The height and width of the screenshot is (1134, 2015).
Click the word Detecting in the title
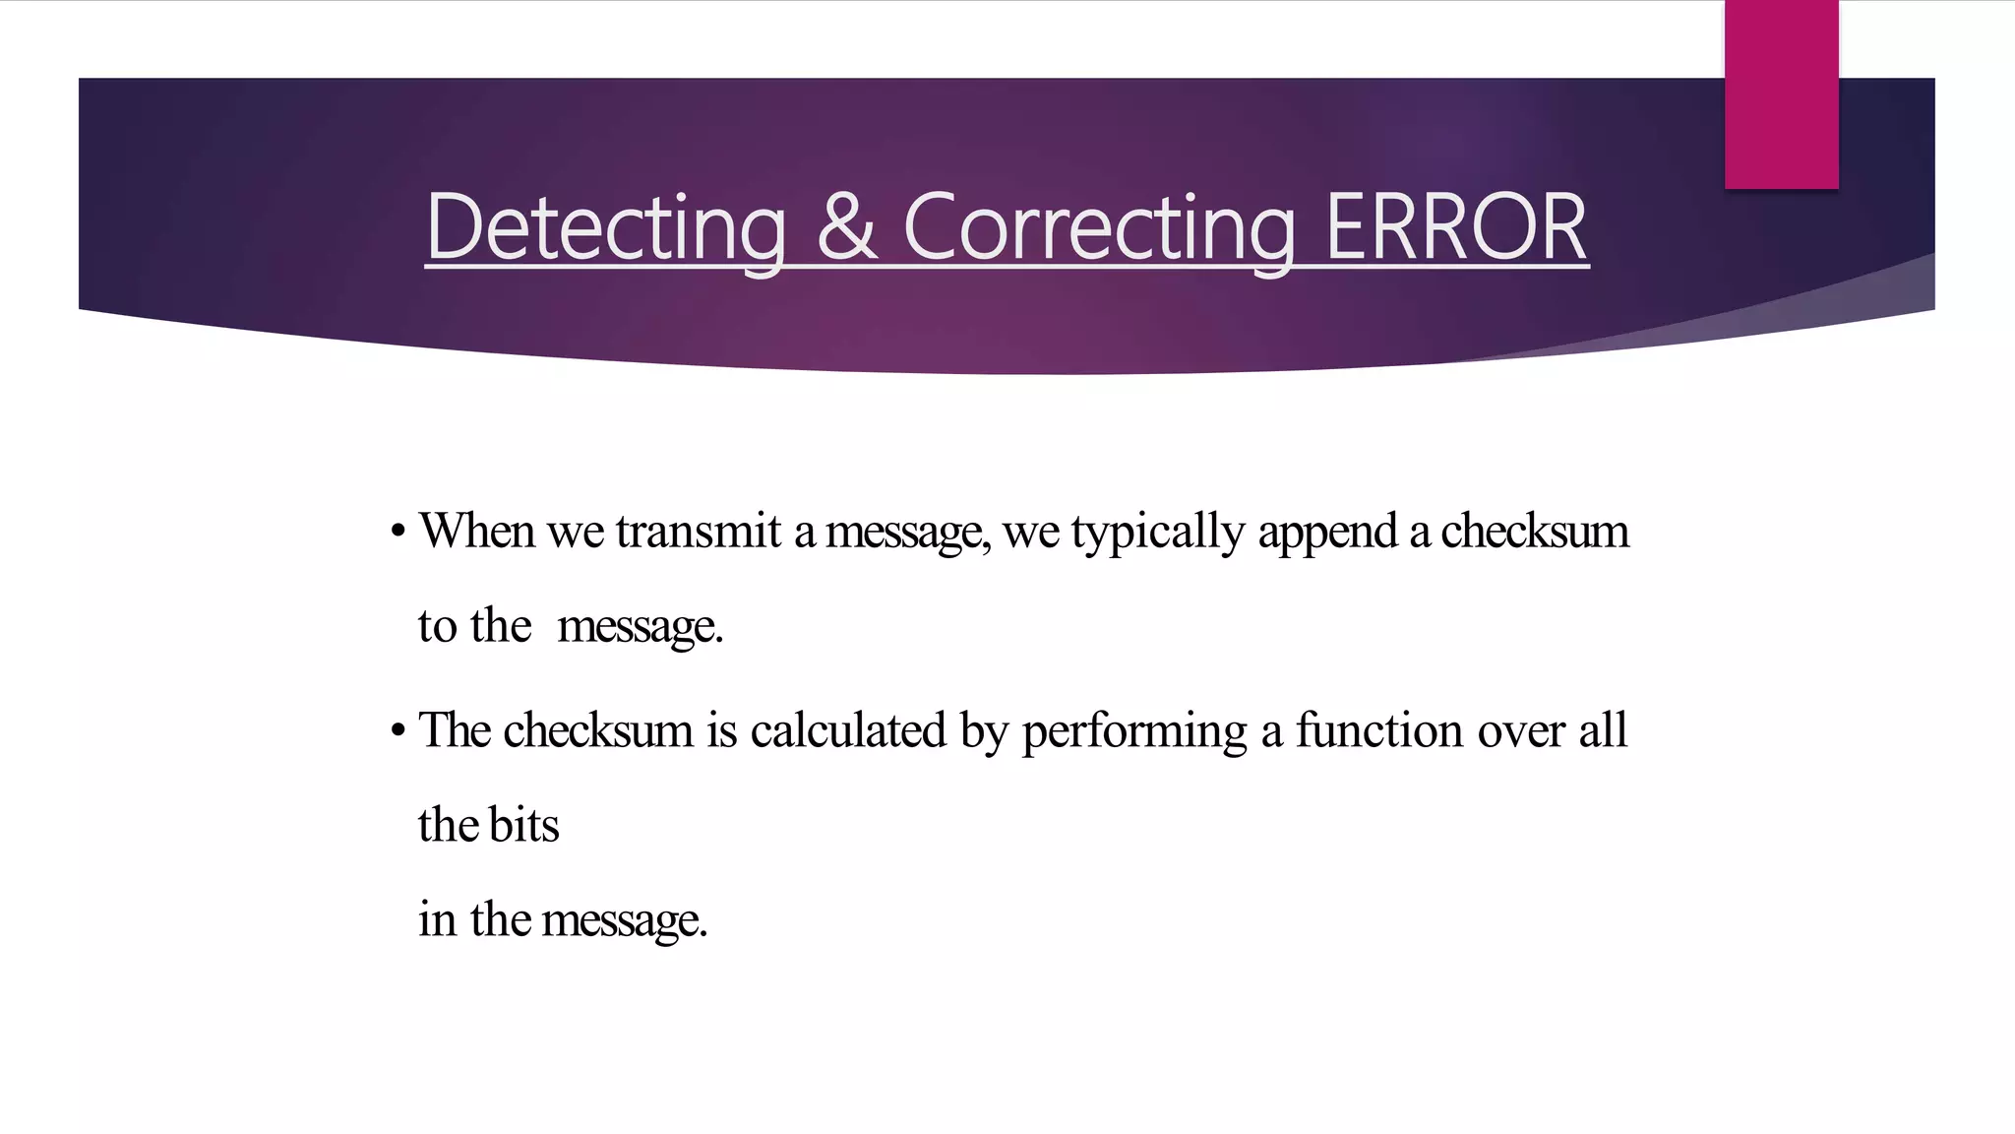[606, 228]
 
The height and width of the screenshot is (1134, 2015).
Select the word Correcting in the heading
[1099, 228]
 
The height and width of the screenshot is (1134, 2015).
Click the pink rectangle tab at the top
[1781, 94]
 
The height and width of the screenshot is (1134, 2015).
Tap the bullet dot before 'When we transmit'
[397, 533]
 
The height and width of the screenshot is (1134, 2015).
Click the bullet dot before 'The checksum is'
[397, 731]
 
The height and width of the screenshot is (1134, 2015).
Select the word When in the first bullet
[477, 531]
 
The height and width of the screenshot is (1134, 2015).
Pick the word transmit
[699, 531]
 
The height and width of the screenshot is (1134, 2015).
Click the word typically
[1158, 533]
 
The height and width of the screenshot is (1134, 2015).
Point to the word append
[1327, 533]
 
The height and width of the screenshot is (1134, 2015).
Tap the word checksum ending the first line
[1535, 531]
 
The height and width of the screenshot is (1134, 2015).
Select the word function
[1378, 730]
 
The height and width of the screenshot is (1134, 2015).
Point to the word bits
[524, 824]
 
